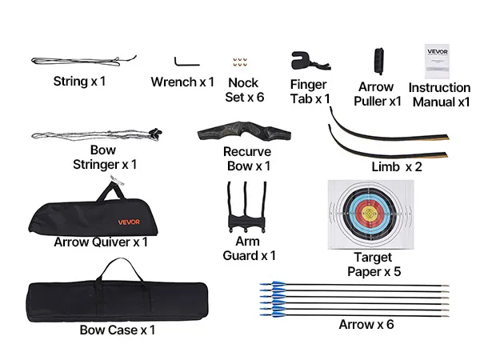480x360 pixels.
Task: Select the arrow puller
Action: [379, 62]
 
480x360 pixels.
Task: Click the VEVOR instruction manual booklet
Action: [437, 62]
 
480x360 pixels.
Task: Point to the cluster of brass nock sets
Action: [240, 62]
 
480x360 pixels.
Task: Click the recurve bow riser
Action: [244, 131]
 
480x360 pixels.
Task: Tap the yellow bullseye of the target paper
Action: [370, 214]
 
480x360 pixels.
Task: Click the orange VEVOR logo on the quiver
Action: [129, 222]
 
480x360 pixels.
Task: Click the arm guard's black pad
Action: [246, 222]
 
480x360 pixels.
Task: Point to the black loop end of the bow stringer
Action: [156, 133]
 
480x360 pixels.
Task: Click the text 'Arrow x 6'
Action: [366, 325]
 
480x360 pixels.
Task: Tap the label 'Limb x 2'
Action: [397, 167]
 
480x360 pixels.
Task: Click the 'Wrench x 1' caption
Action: [182, 82]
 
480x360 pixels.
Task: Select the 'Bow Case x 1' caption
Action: [118, 330]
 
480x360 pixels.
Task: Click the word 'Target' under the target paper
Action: [373, 258]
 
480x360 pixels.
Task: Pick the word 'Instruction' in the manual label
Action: [439, 88]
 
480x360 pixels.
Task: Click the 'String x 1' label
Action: [79, 82]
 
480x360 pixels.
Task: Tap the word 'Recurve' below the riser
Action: [247, 152]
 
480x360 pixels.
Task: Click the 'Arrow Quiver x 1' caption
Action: [101, 242]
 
